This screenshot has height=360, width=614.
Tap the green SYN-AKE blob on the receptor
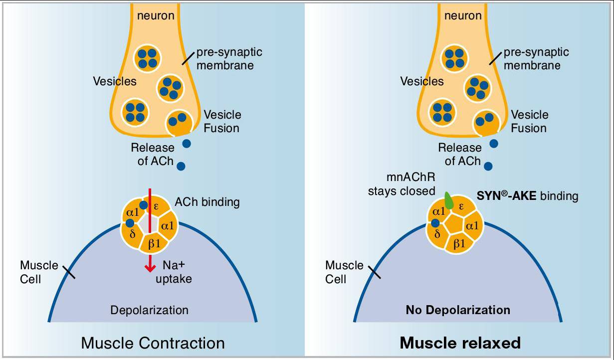pyautogui.click(x=449, y=200)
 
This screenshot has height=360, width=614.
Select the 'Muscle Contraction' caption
pyautogui.click(x=153, y=343)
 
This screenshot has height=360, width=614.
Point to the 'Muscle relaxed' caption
pyautogui.click(x=460, y=343)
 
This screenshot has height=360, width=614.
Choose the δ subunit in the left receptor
pyautogui.click(x=132, y=233)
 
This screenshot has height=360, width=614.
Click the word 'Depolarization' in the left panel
pyautogui.click(x=149, y=310)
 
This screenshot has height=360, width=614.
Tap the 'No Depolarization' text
pyautogui.click(x=458, y=310)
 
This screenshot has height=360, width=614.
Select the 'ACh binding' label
pyautogui.click(x=207, y=202)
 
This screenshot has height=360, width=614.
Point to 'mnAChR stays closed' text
pyautogui.click(x=402, y=184)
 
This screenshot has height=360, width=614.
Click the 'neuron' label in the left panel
pyautogui.click(x=156, y=15)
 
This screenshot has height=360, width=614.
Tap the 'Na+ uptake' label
pyautogui.click(x=173, y=272)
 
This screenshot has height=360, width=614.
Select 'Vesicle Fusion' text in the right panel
pyautogui.click(x=528, y=121)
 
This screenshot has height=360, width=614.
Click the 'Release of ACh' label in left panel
pyautogui.click(x=152, y=154)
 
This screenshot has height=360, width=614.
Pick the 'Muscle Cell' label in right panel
pyautogui.click(x=344, y=272)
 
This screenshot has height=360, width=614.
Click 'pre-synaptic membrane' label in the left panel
pyautogui.click(x=229, y=58)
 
